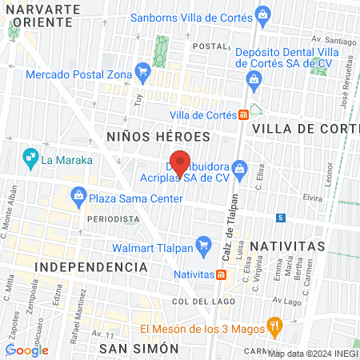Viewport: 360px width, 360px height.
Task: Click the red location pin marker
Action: (x=181, y=162)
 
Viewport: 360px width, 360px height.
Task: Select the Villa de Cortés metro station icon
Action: (x=243, y=114)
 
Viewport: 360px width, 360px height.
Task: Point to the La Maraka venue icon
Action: (x=30, y=158)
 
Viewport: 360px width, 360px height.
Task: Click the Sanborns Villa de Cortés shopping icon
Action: (x=261, y=14)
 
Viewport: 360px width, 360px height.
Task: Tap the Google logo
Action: (x=27, y=350)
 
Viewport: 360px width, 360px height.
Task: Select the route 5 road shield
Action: (x=280, y=217)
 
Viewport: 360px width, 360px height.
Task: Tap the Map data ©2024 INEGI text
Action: (x=312, y=353)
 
